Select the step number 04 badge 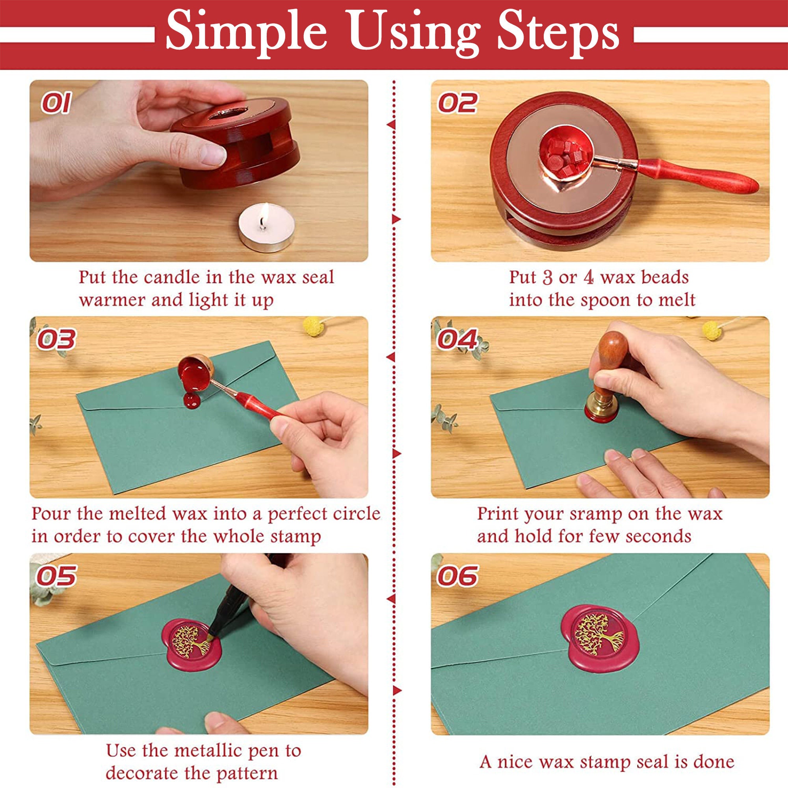(457, 339)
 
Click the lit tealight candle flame (265, 212)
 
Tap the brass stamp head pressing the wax (601, 408)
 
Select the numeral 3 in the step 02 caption (547, 278)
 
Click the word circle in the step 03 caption (355, 513)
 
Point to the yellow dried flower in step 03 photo (313, 326)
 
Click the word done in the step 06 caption (715, 750)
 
